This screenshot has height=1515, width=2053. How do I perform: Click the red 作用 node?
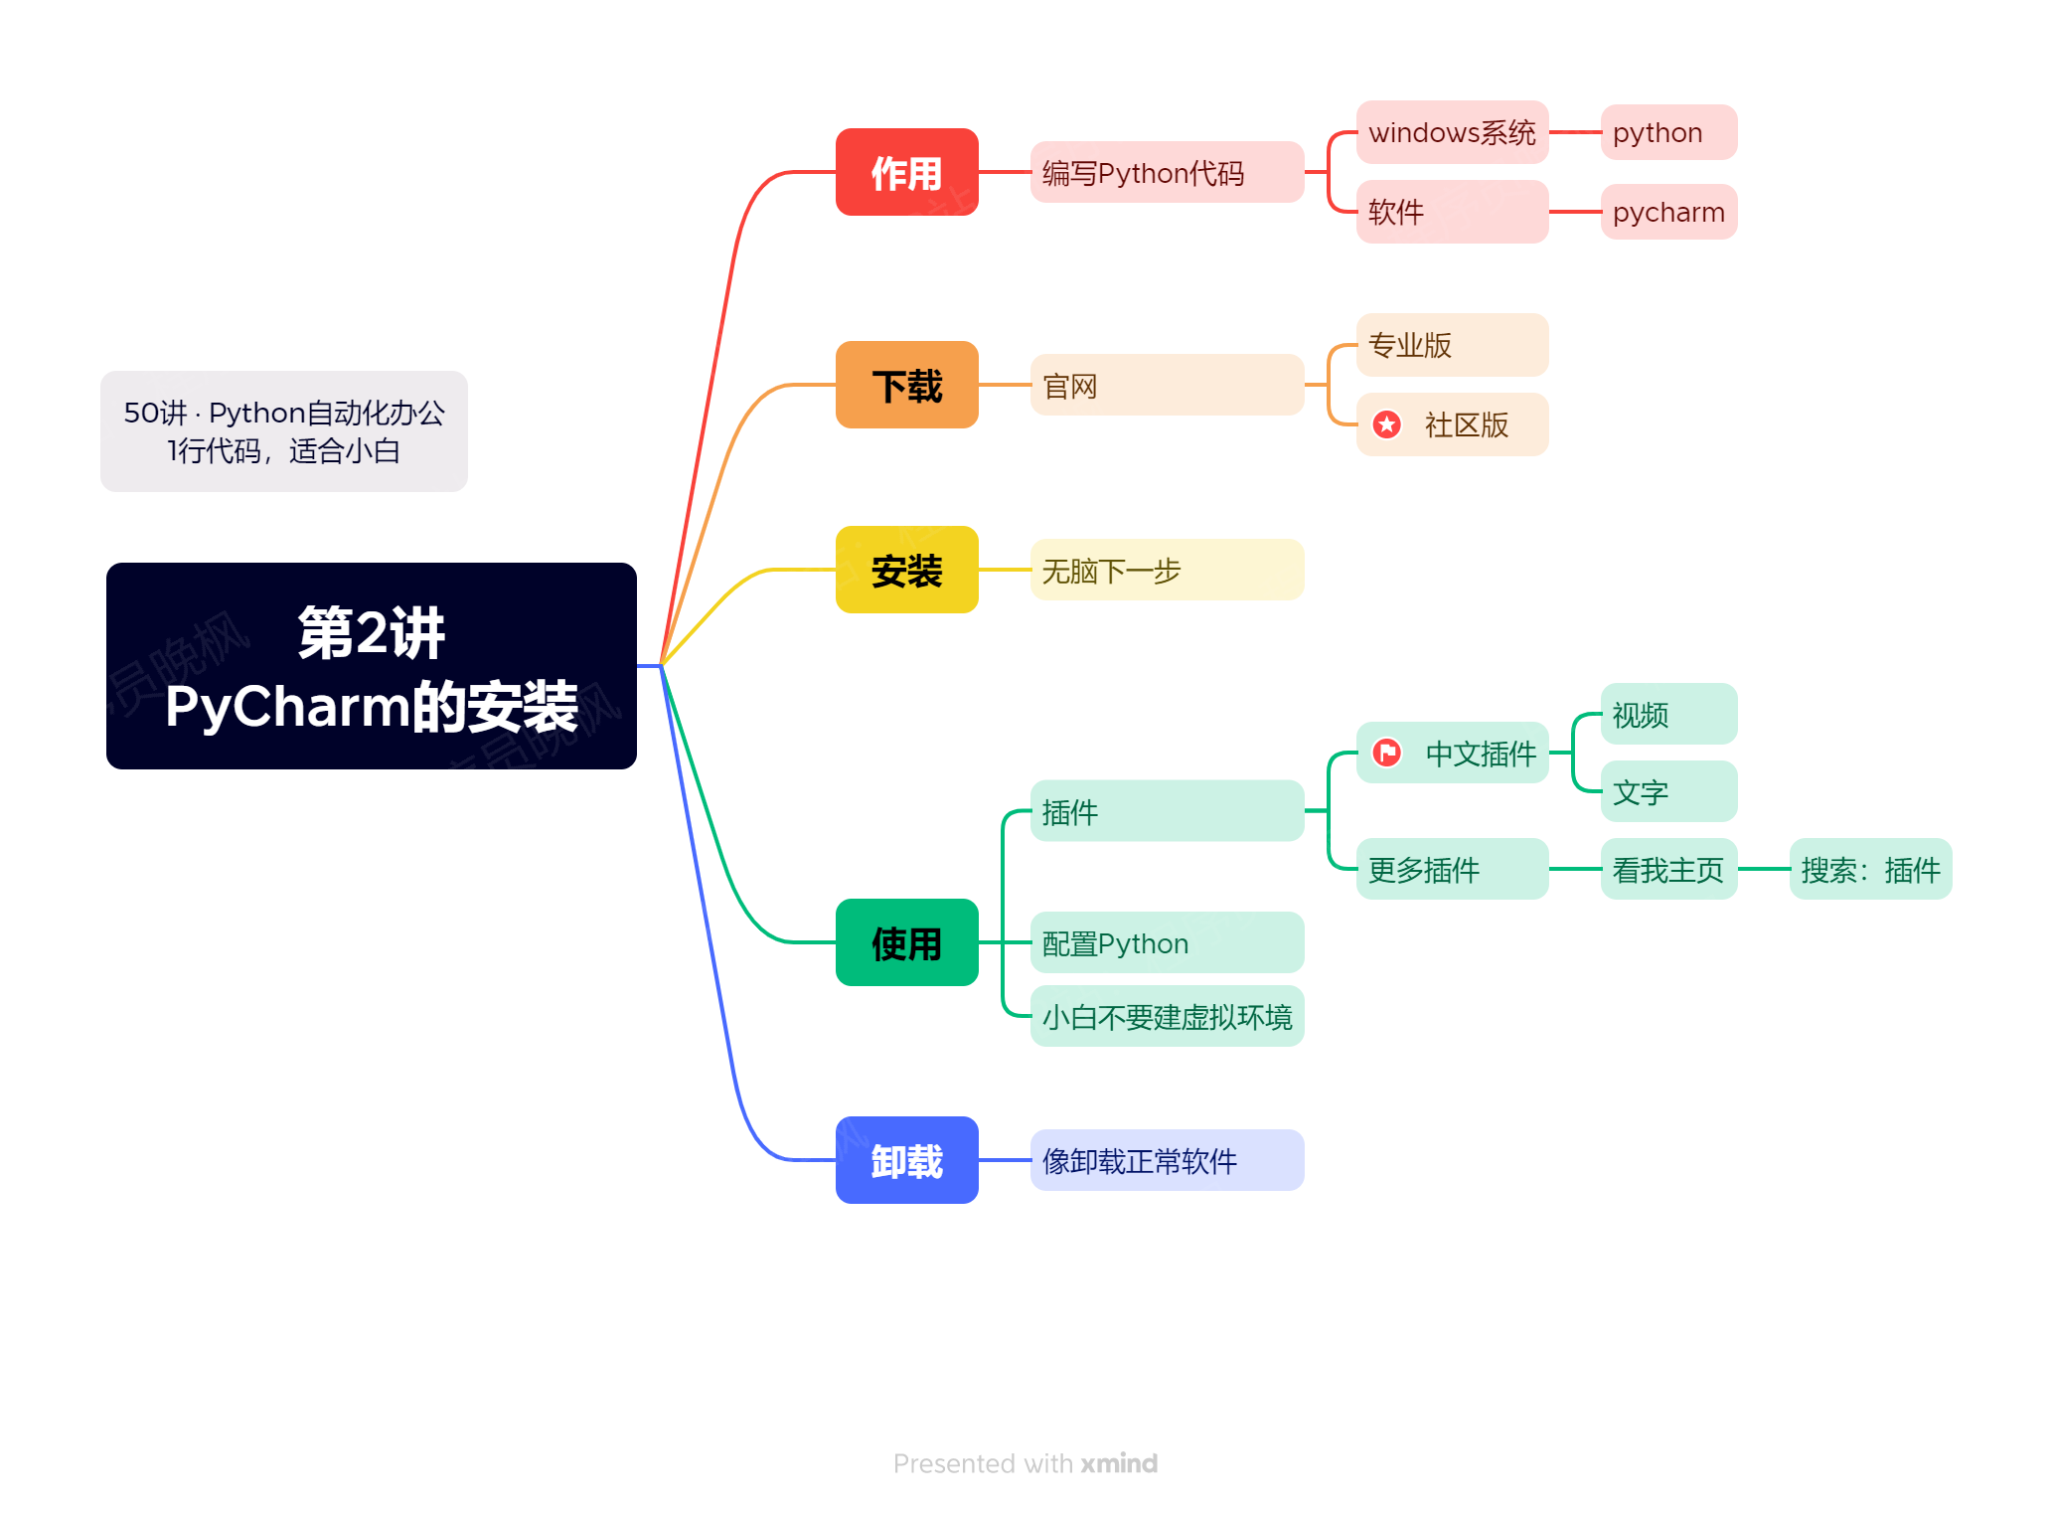click(x=906, y=172)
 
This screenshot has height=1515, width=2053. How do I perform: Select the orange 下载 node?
click(x=906, y=385)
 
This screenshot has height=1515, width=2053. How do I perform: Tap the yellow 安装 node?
click(x=906, y=570)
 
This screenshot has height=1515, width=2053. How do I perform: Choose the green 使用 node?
click(x=906, y=942)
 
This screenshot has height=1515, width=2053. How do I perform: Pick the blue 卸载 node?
click(x=906, y=1160)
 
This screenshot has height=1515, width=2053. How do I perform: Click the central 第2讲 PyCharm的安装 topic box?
click(x=372, y=666)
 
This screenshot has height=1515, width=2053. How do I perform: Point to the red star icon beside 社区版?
click(x=1387, y=424)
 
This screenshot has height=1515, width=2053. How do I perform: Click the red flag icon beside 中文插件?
click(x=1387, y=753)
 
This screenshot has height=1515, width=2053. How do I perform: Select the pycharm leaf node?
click(x=1668, y=212)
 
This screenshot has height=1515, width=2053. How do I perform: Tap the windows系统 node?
click(x=1452, y=132)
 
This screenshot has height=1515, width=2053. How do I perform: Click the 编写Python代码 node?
click(x=1167, y=172)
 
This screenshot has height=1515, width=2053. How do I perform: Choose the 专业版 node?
click(x=1452, y=345)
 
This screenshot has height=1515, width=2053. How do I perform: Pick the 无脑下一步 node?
click(x=1167, y=570)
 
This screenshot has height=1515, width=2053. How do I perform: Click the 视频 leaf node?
click(x=1668, y=714)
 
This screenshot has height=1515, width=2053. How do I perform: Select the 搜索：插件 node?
click(x=1870, y=869)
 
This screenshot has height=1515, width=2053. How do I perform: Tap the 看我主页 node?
click(x=1668, y=869)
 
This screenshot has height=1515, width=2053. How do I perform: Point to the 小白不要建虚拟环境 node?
click(x=1167, y=1016)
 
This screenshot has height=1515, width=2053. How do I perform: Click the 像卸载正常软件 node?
click(x=1167, y=1160)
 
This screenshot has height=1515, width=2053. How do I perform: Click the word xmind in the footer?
click(x=1119, y=1463)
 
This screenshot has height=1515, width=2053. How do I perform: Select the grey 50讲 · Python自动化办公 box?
click(x=284, y=431)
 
